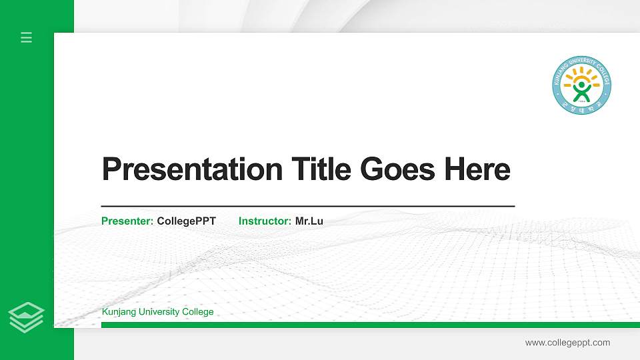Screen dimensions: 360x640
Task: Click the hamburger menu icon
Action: (x=26, y=37)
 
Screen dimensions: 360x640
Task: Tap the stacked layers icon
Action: (x=26, y=317)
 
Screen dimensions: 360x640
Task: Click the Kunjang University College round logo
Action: (x=581, y=85)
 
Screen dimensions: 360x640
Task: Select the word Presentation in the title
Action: (x=192, y=169)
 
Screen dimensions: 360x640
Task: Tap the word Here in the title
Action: (x=477, y=169)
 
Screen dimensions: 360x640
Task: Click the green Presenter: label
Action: (x=127, y=221)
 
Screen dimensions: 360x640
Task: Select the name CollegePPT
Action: (x=186, y=221)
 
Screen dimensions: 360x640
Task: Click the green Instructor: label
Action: (x=265, y=221)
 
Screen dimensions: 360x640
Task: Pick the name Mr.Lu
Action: (x=309, y=221)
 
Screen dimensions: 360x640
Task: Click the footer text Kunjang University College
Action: (x=157, y=312)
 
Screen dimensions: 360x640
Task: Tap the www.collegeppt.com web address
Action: (x=567, y=343)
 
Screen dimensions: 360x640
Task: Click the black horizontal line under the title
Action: (x=307, y=207)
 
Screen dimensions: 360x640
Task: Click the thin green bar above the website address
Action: (x=367, y=325)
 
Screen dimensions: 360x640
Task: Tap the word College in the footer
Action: (x=197, y=312)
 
